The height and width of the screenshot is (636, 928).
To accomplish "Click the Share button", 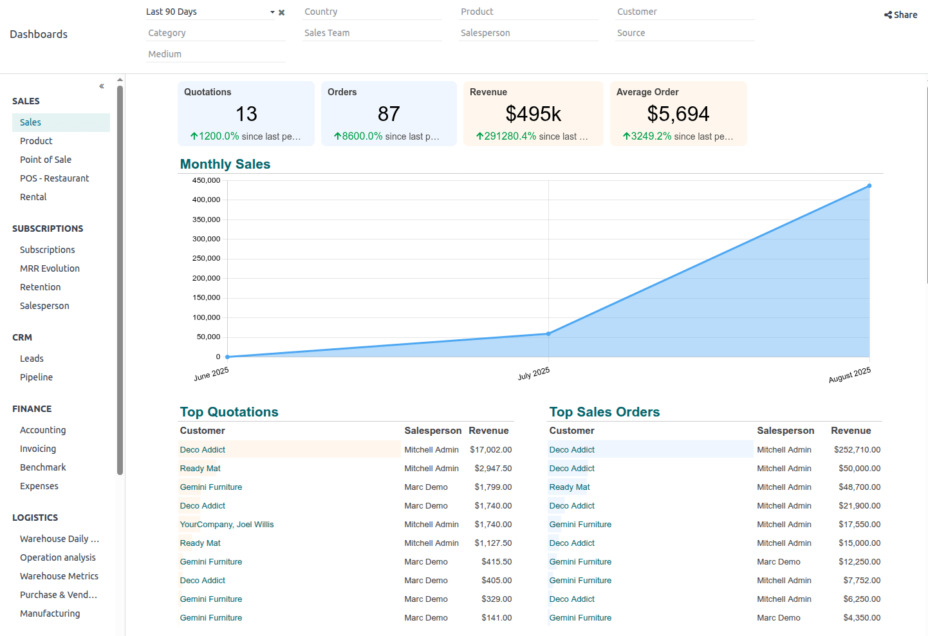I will point(900,15).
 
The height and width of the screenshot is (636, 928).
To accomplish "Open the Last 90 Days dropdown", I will point(210,12).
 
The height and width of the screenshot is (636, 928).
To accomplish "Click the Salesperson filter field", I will point(528,33).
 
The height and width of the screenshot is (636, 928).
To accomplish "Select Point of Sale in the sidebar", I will point(46,160).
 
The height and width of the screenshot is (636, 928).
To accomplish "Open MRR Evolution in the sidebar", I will point(50,268).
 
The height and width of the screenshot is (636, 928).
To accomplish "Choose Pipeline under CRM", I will point(36,377).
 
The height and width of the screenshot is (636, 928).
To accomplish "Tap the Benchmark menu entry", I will point(43,467).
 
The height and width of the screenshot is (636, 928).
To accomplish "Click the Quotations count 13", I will point(246,114).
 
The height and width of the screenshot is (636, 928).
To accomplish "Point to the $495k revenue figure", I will point(533,114).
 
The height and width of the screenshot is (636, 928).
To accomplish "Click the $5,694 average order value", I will point(678,114).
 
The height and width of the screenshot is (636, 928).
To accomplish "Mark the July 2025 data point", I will point(548,333).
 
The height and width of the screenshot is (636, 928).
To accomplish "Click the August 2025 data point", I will point(869,186).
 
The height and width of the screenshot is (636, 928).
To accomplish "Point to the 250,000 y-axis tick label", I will point(206,258).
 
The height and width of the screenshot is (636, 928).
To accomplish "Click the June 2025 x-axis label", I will point(211,374).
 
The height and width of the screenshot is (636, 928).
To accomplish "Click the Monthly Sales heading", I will point(225,164).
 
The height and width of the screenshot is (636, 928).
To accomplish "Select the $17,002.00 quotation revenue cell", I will point(490,450).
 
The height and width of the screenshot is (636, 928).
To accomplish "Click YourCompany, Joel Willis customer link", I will point(227,525).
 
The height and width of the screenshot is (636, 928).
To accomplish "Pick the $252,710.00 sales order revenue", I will point(857,450).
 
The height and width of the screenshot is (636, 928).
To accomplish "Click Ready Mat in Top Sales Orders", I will point(569,487).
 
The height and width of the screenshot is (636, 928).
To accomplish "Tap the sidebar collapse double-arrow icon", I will point(102,86).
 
